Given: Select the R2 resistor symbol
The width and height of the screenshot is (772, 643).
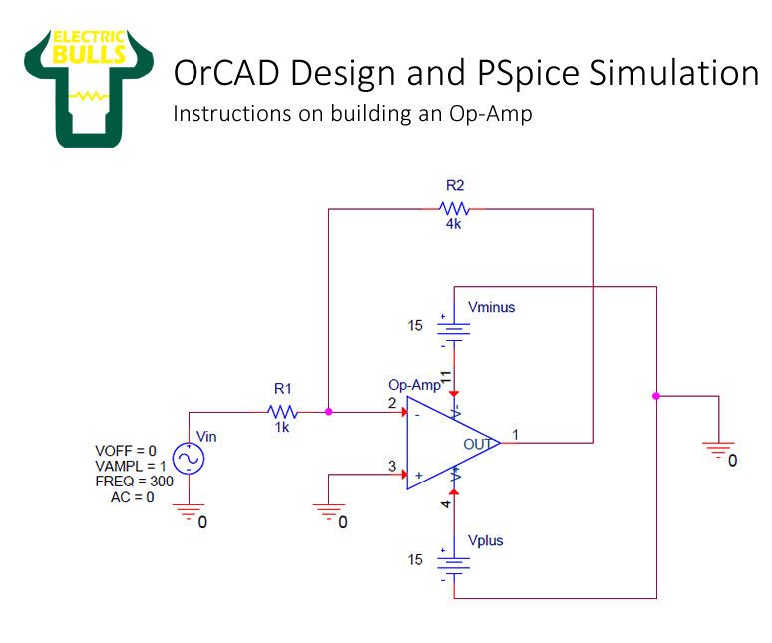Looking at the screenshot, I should [455, 209].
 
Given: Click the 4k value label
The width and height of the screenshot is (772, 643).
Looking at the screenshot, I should [454, 224].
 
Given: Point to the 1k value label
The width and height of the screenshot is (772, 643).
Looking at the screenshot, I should [283, 427].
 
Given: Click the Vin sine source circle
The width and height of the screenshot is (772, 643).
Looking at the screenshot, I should [187, 458].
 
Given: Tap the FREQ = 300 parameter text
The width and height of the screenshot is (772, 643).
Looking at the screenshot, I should [135, 481].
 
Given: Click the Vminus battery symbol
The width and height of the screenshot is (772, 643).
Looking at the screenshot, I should [454, 330].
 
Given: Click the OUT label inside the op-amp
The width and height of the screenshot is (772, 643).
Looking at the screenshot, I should [476, 443].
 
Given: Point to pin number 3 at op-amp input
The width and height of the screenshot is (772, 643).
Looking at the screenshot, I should [392, 465].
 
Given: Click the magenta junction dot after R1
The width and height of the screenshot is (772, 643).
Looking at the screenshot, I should [329, 411].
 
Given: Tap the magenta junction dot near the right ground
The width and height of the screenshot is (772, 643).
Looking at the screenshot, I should [656, 396].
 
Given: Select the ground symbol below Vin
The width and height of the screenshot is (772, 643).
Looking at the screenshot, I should [187, 511].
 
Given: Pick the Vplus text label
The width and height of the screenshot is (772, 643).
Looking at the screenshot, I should [485, 540].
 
